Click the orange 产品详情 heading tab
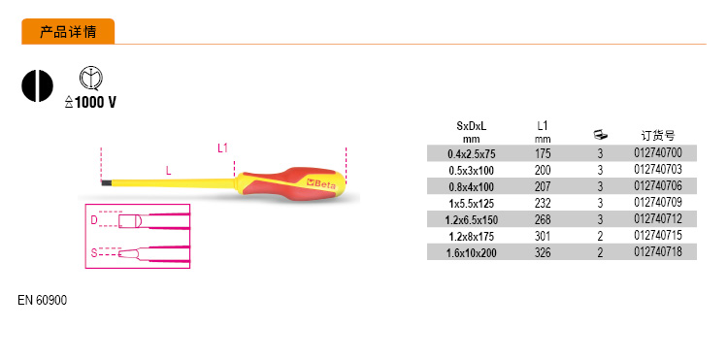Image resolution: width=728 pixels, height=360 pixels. tap(68, 32)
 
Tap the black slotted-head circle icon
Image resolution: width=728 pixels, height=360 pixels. tap(38, 85)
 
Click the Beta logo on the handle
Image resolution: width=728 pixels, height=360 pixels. tap(321, 183)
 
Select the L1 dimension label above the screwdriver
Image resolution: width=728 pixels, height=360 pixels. tap(223, 148)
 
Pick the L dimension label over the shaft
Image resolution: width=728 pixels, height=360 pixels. tap(169, 170)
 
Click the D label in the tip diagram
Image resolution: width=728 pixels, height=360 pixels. tap(94, 220)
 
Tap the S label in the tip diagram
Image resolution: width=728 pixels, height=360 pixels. tap(94, 253)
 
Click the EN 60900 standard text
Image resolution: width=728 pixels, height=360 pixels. tap(43, 300)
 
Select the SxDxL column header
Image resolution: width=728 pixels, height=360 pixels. tap(471, 126)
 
